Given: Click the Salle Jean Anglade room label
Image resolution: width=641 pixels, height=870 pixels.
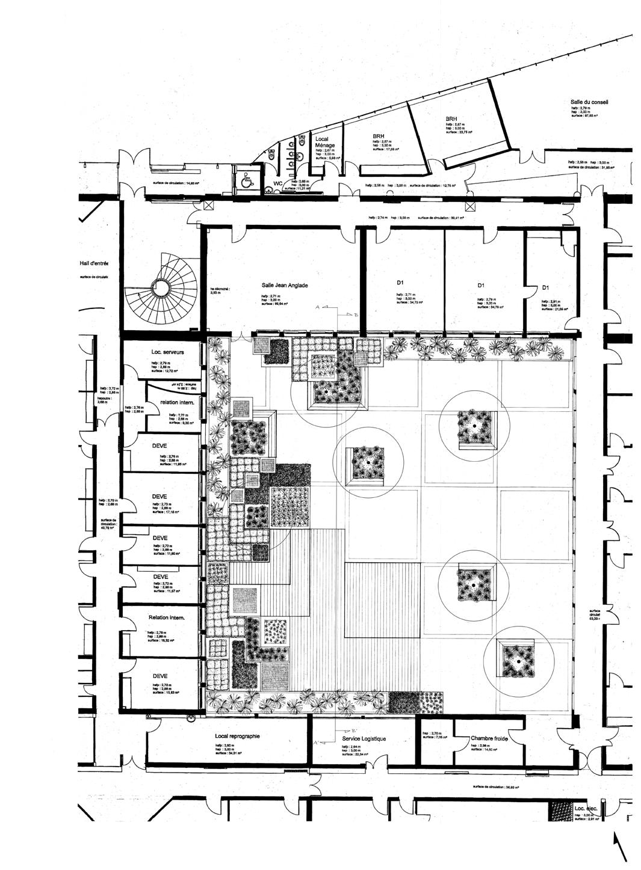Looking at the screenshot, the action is [x=285, y=286].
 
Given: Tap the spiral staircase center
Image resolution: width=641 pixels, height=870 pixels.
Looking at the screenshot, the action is [x=161, y=289].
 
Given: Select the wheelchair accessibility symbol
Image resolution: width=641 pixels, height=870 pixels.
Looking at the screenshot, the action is [x=246, y=178].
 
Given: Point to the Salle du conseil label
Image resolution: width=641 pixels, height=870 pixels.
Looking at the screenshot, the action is [x=589, y=102].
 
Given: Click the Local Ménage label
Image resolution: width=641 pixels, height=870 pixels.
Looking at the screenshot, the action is [x=326, y=142].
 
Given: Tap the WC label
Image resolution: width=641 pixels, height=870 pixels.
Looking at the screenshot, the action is [x=278, y=183].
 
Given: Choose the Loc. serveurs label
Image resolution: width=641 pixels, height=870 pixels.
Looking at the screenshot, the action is [x=167, y=352].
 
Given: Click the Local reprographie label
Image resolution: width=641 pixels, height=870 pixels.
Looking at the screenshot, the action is [x=237, y=736].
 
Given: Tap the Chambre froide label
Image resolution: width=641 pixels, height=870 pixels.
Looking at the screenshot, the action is [x=489, y=738].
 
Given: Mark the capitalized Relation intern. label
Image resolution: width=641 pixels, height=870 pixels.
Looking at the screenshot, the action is [x=166, y=618].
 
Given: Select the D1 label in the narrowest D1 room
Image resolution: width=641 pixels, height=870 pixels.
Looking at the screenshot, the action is [x=545, y=287].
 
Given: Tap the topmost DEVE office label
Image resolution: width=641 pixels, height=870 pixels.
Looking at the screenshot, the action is [x=159, y=446].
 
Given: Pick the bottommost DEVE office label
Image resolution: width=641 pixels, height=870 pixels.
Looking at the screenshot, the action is [x=160, y=676].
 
